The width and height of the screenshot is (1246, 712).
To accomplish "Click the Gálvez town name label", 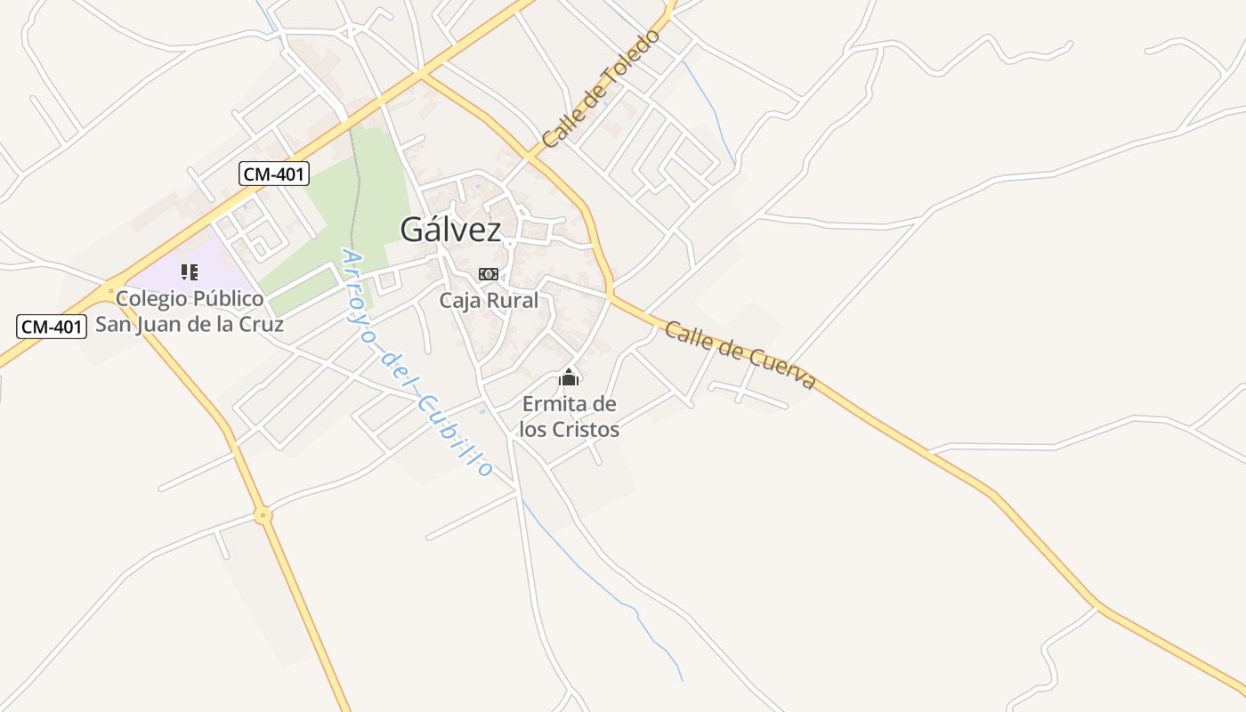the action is tap(450, 230).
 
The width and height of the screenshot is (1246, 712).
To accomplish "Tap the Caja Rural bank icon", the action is tap(489, 274).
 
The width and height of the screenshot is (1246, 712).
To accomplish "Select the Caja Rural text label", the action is tap(489, 301).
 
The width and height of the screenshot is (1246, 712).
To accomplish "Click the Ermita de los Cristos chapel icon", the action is tap(569, 378).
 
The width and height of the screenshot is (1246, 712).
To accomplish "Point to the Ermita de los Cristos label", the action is tap(569, 417).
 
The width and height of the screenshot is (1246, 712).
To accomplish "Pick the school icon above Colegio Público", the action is tap(189, 271).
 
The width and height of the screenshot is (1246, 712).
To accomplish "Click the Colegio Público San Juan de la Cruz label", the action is tap(190, 311).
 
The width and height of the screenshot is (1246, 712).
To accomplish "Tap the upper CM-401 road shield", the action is tap(274, 174).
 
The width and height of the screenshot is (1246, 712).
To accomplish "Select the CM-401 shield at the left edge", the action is tap(52, 327).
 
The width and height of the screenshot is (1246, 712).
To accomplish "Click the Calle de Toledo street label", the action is tap(602, 89).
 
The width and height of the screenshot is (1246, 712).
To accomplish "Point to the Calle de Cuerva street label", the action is tap(740, 354).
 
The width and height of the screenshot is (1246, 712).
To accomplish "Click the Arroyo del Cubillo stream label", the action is tap(417, 363).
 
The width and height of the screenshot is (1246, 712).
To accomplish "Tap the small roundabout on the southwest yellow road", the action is tap(262, 514).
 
